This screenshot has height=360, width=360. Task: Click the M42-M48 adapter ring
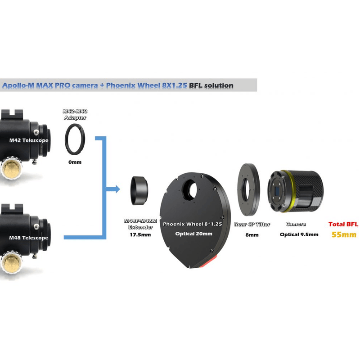(75, 139)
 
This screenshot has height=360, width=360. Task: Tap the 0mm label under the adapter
(75, 162)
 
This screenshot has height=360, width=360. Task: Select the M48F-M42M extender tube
(139, 190)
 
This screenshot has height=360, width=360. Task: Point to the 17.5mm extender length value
(140, 234)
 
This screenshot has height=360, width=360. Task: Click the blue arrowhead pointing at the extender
(117, 189)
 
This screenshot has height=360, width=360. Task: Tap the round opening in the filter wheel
(189, 189)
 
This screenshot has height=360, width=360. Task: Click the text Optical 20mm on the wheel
(194, 234)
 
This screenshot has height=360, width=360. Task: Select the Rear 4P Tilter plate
(249, 189)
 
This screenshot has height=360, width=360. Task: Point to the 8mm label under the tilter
(252, 235)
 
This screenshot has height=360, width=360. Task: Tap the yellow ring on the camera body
(288, 191)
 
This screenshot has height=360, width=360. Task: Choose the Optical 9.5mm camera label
(299, 234)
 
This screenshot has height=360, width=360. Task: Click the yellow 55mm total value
(344, 234)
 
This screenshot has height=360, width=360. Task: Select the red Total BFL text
(343, 224)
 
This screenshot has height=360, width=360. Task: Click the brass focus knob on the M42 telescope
(12, 167)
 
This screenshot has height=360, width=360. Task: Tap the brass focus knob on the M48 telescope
(12, 262)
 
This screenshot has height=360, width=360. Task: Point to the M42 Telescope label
(29, 140)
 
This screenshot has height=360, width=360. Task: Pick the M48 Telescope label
(28, 238)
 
